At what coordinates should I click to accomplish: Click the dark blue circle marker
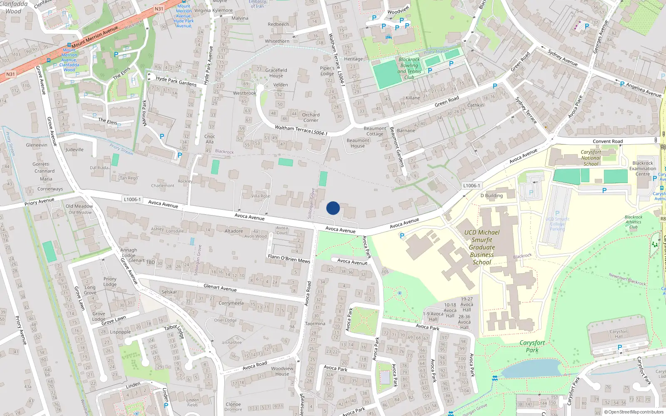pyautogui.click(x=333, y=208)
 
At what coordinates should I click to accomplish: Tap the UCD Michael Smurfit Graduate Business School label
pyautogui.click(x=482, y=247)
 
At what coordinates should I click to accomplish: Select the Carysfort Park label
pyautogui.click(x=532, y=346)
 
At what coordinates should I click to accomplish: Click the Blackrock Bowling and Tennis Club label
pyautogui.click(x=409, y=68)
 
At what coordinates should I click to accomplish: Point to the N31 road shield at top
pyautogui.click(x=159, y=9)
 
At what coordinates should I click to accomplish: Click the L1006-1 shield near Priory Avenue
pyautogui.click(x=132, y=199)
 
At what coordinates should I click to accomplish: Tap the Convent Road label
pyautogui.click(x=608, y=141)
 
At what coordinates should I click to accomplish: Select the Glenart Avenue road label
pyautogui.click(x=220, y=287)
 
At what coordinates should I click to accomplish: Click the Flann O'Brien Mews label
pyautogui.click(x=289, y=259)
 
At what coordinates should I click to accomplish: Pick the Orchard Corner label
pyautogui.click(x=311, y=118)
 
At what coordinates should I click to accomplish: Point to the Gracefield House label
pyautogui.click(x=276, y=73)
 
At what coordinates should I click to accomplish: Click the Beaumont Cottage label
pyautogui.click(x=375, y=131)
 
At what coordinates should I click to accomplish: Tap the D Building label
pyautogui.click(x=492, y=196)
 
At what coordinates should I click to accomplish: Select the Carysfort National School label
pyautogui.click(x=591, y=158)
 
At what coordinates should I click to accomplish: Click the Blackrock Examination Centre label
pyautogui.click(x=643, y=168)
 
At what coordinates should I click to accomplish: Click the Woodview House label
pyautogui.click(x=282, y=371)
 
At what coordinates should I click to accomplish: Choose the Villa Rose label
pyautogui.click(x=261, y=196)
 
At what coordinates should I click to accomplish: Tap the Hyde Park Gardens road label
pyautogui.click(x=176, y=81)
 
